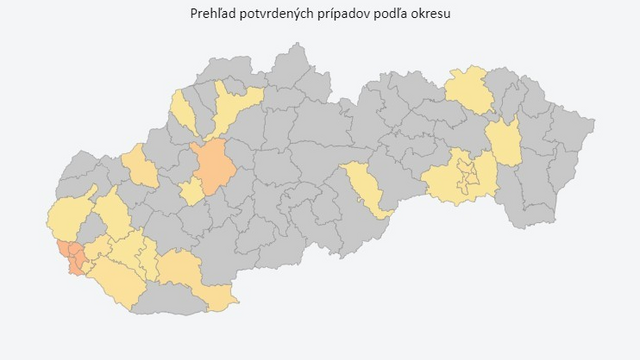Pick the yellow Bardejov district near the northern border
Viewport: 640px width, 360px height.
[x=468, y=90]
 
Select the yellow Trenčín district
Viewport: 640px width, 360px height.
[x=141, y=166]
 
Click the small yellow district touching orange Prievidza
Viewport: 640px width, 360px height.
[x=191, y=192]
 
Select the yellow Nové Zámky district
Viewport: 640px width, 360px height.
[x=190, y=275]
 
